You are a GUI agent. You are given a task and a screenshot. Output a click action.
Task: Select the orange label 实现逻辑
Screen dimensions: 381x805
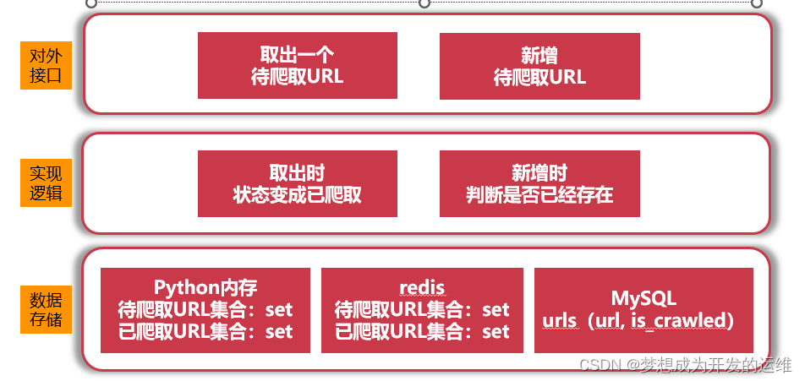point(46,183)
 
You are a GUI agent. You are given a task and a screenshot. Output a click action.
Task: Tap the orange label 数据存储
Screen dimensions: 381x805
point(46,309)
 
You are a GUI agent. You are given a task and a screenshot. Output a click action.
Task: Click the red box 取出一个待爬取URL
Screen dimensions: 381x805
point(298,66)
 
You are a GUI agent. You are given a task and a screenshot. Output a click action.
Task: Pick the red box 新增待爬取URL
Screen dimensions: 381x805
point(539,66)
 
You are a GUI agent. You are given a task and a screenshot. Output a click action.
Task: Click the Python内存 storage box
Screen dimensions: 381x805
point(205,310)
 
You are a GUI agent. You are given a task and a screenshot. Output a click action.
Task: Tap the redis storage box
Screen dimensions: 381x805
point(422,310)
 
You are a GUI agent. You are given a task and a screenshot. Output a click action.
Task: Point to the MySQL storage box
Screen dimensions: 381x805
point(643,310)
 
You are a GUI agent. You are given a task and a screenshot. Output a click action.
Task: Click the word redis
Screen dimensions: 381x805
point(422,288)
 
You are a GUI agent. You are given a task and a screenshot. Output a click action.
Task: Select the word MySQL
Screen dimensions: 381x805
point(643,298)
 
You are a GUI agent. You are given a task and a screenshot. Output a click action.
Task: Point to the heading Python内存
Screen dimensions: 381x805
point(205,288)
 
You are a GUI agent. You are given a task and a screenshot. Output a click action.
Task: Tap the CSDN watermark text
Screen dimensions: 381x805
point(685,365)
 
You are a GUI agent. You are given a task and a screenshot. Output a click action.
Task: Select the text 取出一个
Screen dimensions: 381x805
point(298,56)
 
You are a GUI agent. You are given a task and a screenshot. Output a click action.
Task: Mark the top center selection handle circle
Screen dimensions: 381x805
point(424,3)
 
